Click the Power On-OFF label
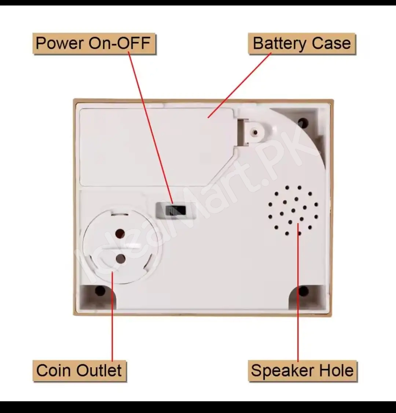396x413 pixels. click(x=94, y=44)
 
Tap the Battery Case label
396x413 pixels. click(x=302, y=44)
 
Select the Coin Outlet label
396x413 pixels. click(x=79, y=370)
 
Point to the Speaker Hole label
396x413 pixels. click(x=302, y=370)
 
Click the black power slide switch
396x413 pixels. click(x=175, y=211)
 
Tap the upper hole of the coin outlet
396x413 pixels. click(x=120, y=233)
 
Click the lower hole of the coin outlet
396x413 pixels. click(x=120, y=259)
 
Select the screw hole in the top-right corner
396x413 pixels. click(x=303, y=122)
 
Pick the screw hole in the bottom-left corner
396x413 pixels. click(x=100, y=291)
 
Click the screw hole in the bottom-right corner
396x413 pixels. click(x=303, y=291)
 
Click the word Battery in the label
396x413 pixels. click(x=275, y=44)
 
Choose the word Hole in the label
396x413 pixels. click(x=336, y=370)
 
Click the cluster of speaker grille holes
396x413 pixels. click(x=293, y=210)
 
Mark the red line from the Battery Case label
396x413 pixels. click(x=239, y=86)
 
